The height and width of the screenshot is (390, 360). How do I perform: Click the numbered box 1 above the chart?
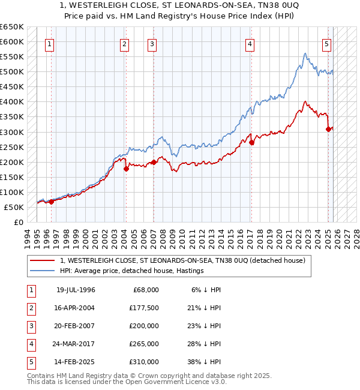pyautogui.click(x=49, y=43)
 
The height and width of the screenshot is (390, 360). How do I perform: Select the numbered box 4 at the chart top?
pyautogui.click(x=249, y=43)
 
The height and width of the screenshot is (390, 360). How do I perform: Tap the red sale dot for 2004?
pyautogui.click(x=126, y=169)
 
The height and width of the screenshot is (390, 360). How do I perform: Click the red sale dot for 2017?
pyautogui.click(x=252, y=143)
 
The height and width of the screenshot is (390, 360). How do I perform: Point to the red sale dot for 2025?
pyautogui.click(x=328, y=129)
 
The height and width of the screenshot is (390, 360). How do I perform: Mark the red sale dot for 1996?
pyautogui.click(x=51, y=202)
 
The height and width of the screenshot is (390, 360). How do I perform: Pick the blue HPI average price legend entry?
pyautogui.click(x=132, y=271)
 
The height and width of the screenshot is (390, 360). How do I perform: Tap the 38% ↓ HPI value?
pyautogui.click(x=203, y=362)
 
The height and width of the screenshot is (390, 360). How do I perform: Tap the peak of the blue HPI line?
pyautogui.click(x=305, y=54)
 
